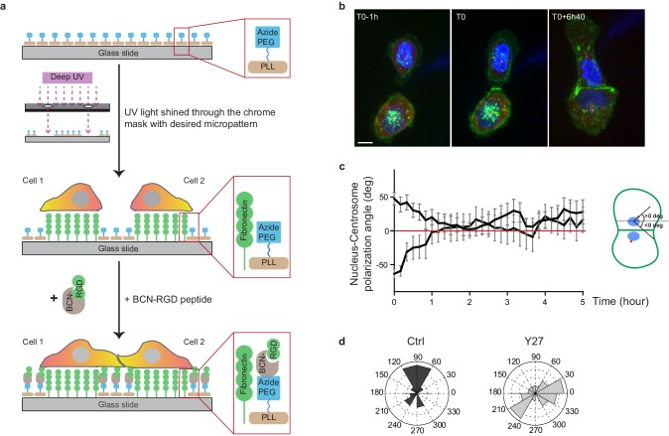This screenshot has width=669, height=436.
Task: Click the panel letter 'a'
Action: tap(7, 8)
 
